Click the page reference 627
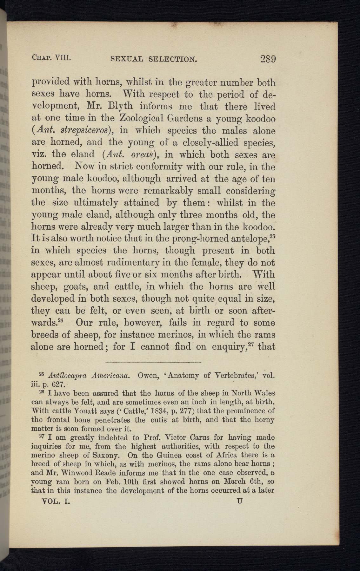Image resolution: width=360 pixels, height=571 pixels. coord(58,385)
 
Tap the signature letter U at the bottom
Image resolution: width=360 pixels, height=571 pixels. coord(240,501)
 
